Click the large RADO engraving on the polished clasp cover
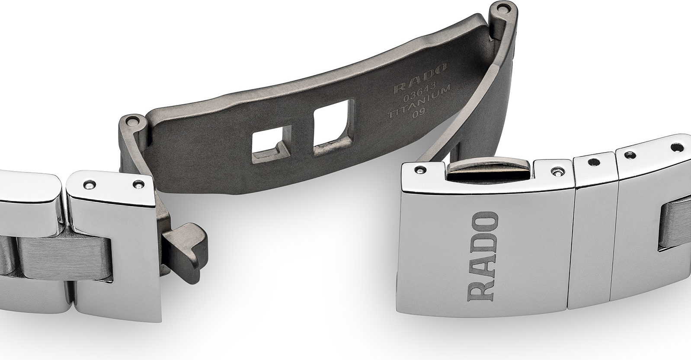pyautogui.click(x=483, y=257)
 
